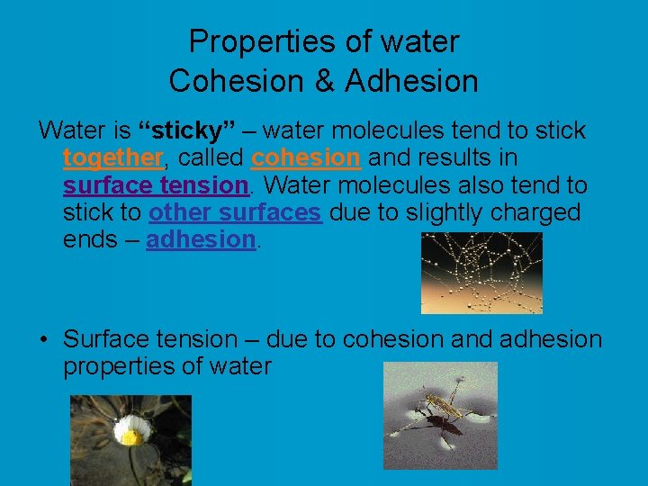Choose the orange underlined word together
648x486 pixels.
point(112,158)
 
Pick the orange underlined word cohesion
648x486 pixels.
point(306,158)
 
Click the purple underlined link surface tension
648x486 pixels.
point(155,185)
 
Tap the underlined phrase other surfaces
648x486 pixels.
point(234,212)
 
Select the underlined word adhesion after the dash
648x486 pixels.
point(201,239)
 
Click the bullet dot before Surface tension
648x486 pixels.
point(43,340)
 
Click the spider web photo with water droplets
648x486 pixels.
point(481,272)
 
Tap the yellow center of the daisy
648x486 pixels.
point(130,436)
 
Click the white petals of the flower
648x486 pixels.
point(130,421)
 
